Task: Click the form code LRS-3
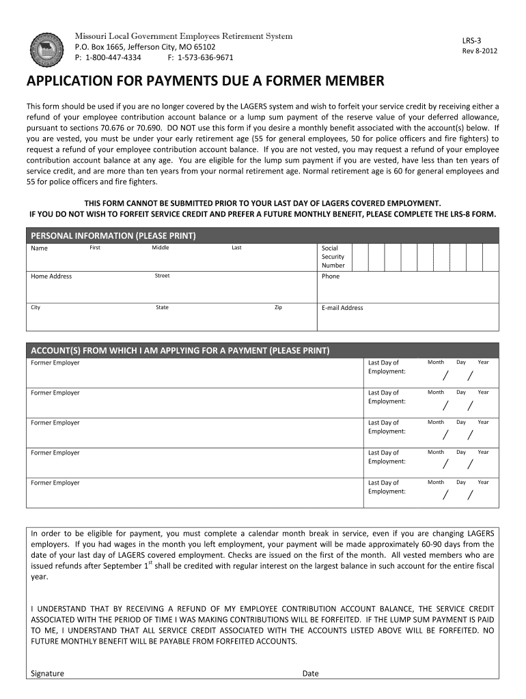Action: click(472, 41)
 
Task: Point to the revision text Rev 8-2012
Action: click(480, 51)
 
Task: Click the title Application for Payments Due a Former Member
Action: click(205, 82)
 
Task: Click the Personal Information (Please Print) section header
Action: click(113, 236)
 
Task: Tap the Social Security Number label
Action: click(333, 257)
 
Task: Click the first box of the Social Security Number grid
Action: click(360, 257)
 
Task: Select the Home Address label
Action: click(51, 276)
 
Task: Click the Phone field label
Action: click(331, 276)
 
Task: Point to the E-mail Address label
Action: click(342, 308)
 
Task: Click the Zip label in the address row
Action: click(278, 307)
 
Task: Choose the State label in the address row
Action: click(162, 307)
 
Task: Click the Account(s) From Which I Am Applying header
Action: click(180, 350)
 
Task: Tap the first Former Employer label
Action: click(55, 362)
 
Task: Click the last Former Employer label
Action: click(55, 483)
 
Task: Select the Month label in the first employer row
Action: click(436, 362)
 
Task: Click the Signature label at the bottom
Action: click(48, 673)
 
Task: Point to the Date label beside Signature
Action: click(310, 673)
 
